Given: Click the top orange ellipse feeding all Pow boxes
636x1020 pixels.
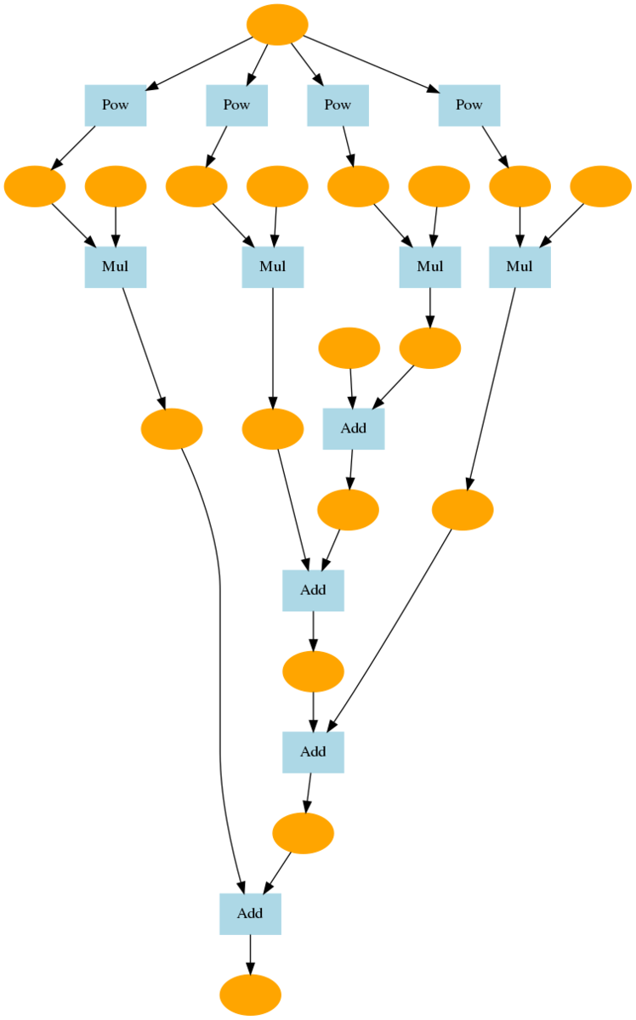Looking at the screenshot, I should coord(276,24).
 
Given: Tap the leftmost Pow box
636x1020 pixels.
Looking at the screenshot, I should coord(115,105).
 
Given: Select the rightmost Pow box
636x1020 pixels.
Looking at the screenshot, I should coord(468,105).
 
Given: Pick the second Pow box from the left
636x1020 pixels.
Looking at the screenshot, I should coord(236,105).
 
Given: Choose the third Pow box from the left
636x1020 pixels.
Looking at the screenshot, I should coord(338,105).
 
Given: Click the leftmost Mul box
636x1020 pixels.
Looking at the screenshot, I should coord(115,267).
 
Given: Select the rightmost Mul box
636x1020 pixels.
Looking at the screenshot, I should coord(520,267).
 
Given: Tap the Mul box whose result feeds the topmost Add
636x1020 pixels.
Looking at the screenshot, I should coord(429,267).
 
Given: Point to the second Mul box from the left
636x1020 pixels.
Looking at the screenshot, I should coord(272,267).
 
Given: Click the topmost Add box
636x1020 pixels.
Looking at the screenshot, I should coord(353,428).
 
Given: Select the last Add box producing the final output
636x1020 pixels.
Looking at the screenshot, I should coord(250,914).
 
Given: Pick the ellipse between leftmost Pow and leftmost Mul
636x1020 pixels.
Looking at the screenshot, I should coord(34,187).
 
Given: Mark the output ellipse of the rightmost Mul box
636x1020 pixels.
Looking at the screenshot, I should coord(463,510).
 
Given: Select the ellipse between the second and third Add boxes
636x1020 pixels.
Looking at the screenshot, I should coord(313,671).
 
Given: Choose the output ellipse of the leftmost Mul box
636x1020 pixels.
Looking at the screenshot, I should coord(171,428).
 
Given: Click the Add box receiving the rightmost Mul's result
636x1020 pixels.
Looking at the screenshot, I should coord(313,752).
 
